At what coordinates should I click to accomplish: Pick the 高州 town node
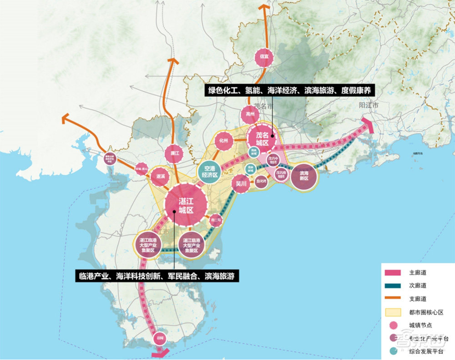pos(250,114)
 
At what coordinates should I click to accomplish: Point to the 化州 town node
pos(223,141)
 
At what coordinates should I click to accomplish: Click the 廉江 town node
pos(173,154)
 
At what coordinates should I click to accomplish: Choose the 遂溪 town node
pos(160,177)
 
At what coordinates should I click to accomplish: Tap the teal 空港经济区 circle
pos(209,172)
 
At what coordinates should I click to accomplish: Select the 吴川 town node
pos(241,184)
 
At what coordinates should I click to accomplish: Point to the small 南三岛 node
pos(216,221)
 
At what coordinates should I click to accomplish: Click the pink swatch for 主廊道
pos(393,273)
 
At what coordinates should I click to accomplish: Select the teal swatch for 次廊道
pos(393,286)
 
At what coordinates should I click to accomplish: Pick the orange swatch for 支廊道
pos(393,299)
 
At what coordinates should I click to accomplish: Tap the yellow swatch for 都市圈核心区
pos(393,312)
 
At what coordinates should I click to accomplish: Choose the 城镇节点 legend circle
pos(393,325)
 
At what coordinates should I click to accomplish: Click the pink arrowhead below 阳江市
pos(369,125)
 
